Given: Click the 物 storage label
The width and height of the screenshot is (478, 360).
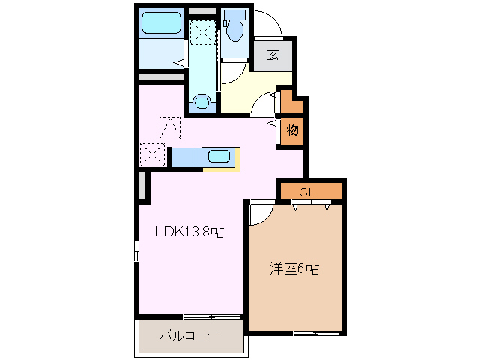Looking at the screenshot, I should pyautogui.click(x=292, y=130).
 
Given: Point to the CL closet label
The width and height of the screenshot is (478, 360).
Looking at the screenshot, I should pyautogui.click(x=309, y=192).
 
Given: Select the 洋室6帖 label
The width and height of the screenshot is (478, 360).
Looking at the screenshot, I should pyautogui.click(x=294, y=268).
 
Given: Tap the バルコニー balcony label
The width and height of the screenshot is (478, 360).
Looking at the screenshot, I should pyautogui.click(x=189, y=334).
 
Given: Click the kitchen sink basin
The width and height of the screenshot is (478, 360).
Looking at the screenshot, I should pyautogui.click(x=218, y=157).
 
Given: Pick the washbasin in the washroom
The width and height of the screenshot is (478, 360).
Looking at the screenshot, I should pyautogui.click(x=202, y=100).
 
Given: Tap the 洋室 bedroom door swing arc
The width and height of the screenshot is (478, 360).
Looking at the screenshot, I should pyautogui.click(x=259, y=214).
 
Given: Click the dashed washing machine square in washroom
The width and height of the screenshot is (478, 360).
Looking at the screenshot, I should pyautogui.click(x=202, y=32).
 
